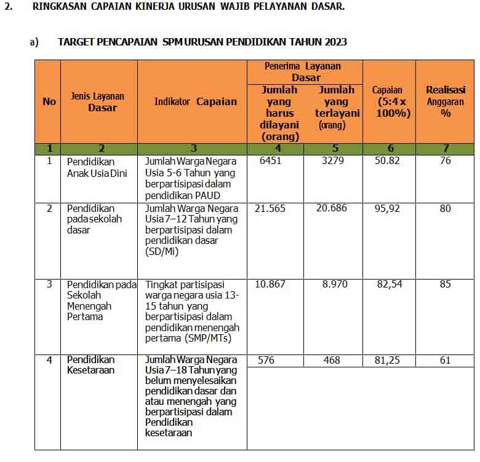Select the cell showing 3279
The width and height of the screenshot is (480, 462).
tap(333, 161)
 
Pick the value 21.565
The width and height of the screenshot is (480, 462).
tap(270, 208)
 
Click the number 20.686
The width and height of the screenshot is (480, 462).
tap(332, 208)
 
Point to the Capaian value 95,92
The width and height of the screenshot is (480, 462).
tap(388, 208)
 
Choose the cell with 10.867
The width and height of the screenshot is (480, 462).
tap(270, 284)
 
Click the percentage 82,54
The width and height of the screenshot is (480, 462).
tap(388, 284)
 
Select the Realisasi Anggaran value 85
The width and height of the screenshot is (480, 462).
tap(446, 284)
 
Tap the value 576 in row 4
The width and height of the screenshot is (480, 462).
tap(266, 360)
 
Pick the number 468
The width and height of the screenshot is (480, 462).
tap(332, 360)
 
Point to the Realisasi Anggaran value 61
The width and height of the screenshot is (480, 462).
tap(446, 360)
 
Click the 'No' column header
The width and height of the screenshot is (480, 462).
tap(49, 101)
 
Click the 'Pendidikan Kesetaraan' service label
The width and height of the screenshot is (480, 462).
tap(91, 365)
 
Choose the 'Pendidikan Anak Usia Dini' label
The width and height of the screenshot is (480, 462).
tap(97, 166)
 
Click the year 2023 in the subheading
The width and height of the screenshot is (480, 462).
tap(332, 42)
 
